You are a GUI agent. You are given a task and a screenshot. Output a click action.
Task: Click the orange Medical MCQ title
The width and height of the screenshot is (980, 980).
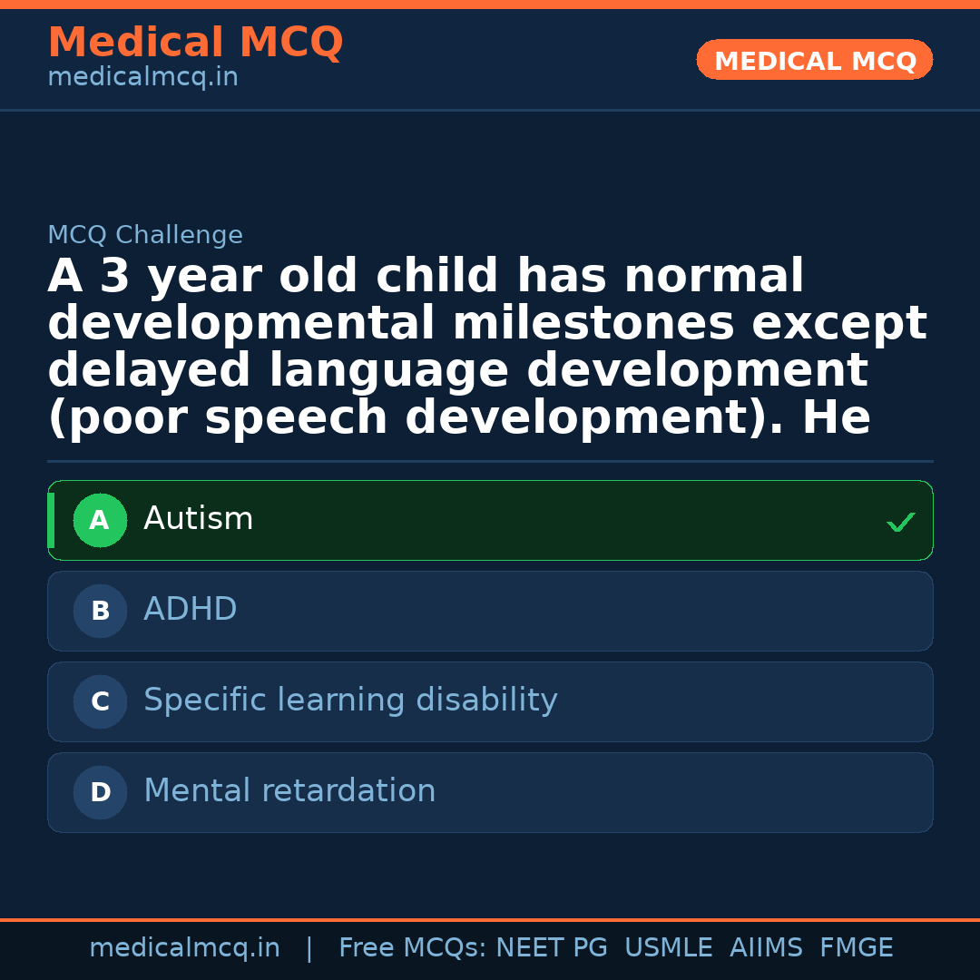coord(195,43)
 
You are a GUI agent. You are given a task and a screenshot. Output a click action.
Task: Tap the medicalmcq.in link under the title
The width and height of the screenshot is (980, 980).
coord(142,78)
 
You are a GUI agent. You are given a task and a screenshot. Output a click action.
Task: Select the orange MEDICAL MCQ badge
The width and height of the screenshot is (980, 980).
coord(815,61)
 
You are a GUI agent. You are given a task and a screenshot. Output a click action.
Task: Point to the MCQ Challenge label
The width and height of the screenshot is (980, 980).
coord(145,236)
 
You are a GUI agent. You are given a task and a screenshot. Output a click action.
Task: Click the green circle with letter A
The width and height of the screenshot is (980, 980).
coord(100,520)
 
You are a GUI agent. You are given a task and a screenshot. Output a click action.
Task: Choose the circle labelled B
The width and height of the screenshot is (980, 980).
coord(100,611)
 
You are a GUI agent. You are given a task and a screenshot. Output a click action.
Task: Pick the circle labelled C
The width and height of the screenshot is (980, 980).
coord(100,701)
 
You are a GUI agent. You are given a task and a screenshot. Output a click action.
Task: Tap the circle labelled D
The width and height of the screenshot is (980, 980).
coord(100,792)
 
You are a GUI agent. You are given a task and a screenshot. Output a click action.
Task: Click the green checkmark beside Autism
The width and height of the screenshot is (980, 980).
coord(900,522)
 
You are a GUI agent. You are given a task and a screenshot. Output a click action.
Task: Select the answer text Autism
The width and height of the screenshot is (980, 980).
coord(198,519)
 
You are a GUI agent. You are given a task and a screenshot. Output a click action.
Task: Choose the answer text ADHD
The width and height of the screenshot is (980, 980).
coord(190,610)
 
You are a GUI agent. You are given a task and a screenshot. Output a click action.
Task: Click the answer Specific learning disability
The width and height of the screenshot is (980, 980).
coord(350,701)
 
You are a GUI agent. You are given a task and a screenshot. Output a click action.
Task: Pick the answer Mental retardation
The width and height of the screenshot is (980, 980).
coord(289,791)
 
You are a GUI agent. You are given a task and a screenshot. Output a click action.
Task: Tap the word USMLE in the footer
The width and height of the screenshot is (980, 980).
coord(668,948)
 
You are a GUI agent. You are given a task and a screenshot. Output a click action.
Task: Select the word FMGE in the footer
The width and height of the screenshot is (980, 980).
coord(856,948)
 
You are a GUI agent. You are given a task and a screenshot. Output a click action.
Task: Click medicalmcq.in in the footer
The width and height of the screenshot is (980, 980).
coord(184,948)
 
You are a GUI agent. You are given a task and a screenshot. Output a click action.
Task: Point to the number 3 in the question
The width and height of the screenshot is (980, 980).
coord(115,277)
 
